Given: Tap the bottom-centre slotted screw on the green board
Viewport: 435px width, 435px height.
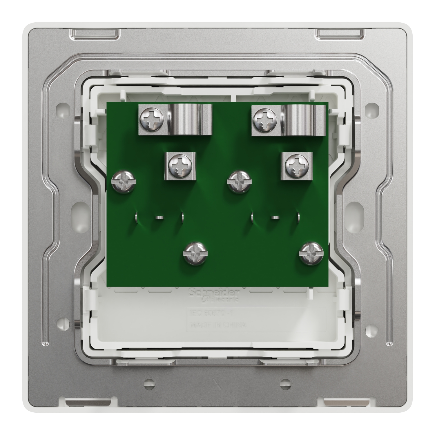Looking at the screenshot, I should tap(195, 253).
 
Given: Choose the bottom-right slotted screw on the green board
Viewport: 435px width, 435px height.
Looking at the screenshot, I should tap(311, 253).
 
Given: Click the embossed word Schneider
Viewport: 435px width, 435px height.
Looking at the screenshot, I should tap(214, 292).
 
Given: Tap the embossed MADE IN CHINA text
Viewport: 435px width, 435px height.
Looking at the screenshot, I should tap(217, 325).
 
